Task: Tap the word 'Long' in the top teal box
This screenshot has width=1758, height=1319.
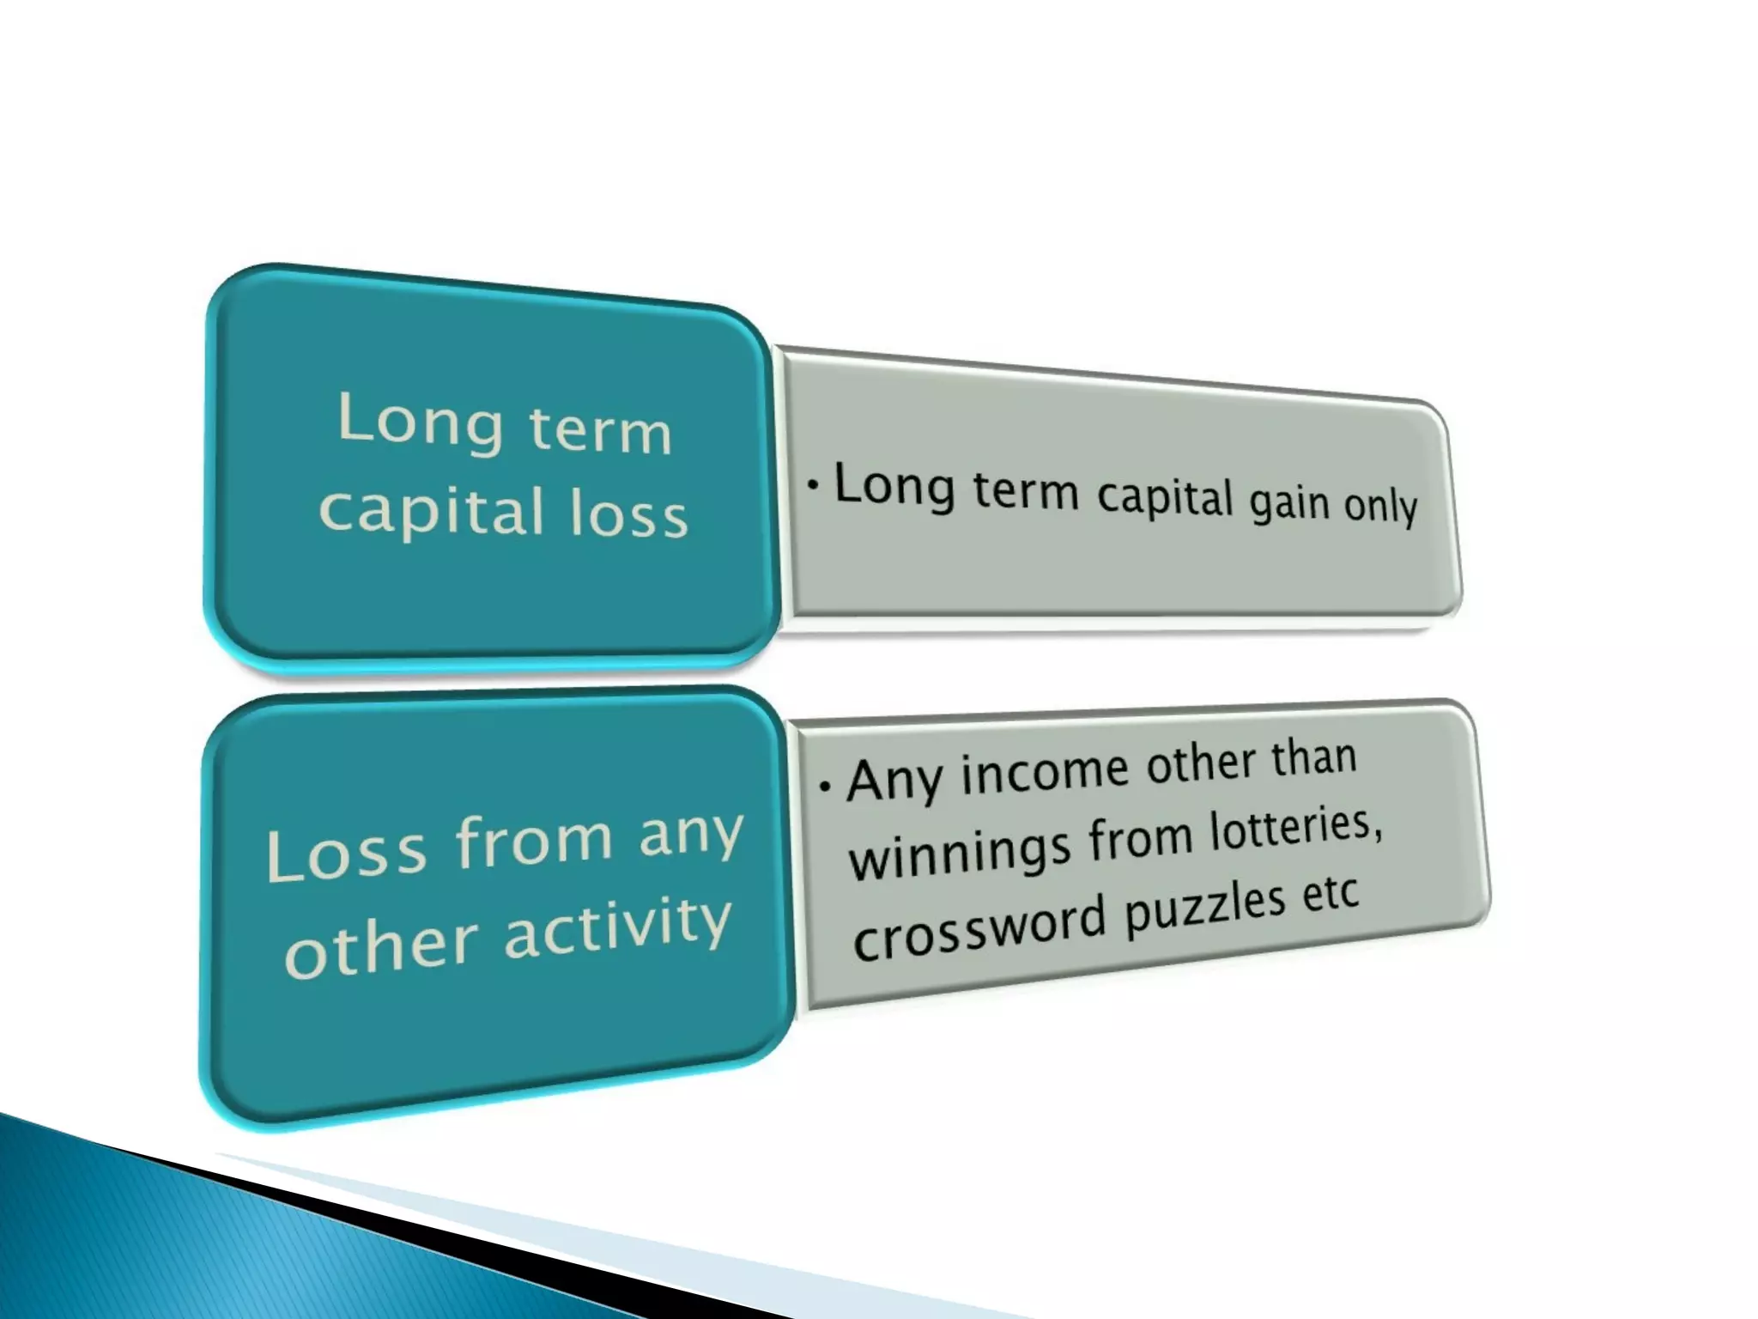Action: click(x=420, y=420)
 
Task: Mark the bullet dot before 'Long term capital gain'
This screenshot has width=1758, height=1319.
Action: click(x=813, y=485)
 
